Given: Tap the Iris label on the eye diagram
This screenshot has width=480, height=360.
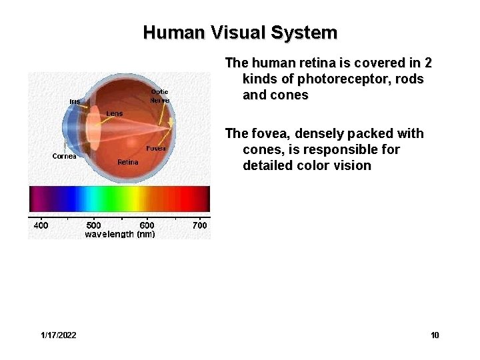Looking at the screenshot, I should coord(75,101).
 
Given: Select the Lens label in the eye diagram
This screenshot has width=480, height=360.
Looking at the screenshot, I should coord(115,113).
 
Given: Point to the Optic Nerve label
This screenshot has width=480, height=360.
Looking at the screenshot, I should coord(159,95).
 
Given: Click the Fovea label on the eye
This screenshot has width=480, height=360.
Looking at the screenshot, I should coord(156,148).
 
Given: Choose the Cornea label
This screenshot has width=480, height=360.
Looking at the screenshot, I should coord(65,156).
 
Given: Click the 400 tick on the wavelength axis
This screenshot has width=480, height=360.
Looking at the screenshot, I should coord(41,225).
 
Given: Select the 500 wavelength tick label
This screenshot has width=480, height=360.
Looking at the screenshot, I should coord(94,225).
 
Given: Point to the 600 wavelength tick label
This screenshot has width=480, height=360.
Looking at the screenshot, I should coord(147,225).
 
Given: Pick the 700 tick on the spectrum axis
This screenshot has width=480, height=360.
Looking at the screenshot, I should coord(199,225).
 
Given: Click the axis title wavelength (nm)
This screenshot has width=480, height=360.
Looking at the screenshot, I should coord(120,234).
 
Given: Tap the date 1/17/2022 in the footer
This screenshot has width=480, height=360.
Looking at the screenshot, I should coord(58,335).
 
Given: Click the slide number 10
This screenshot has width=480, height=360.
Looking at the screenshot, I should coord(435,335).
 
